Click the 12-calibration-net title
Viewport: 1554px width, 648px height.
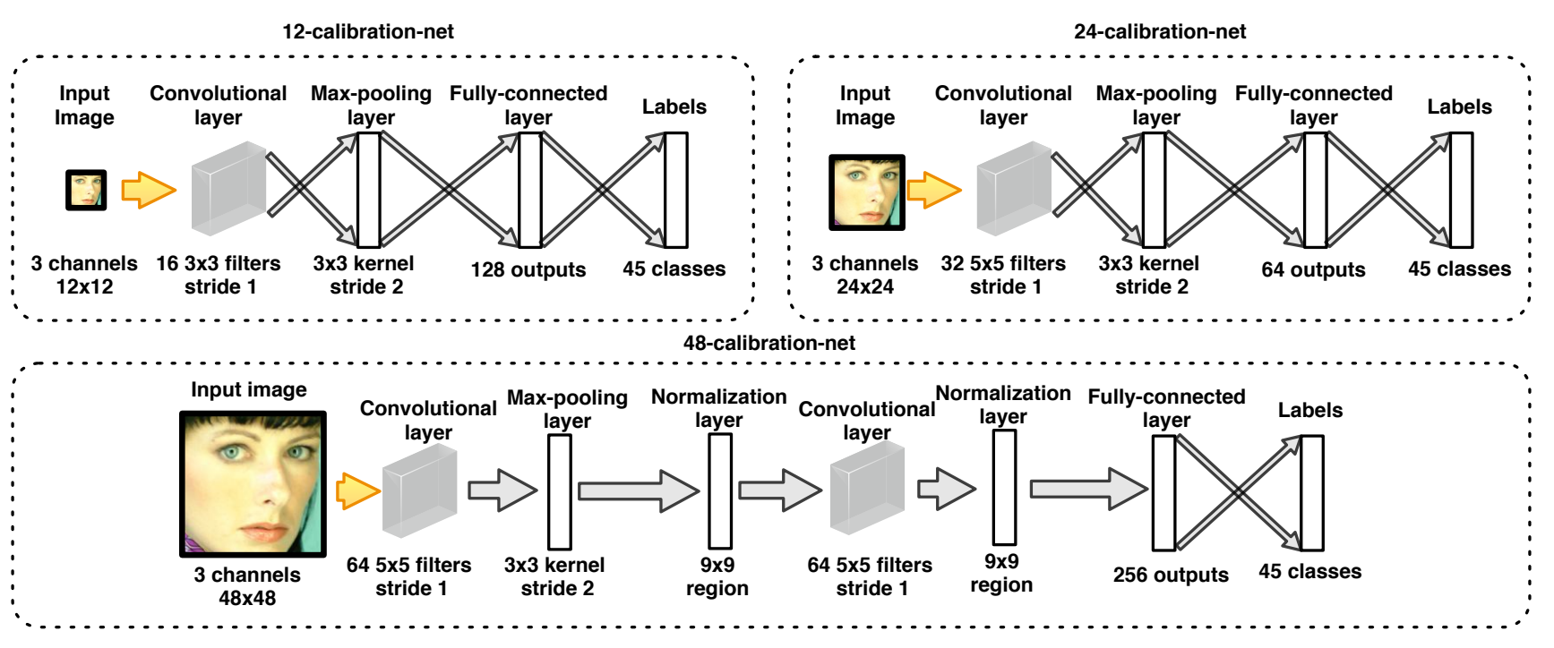click(x=368, y=31)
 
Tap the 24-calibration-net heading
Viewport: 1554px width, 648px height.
click(x=1160, y=31)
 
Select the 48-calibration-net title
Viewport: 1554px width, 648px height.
click(x=768, y=343)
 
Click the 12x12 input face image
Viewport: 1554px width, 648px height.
click(x=86, y=190)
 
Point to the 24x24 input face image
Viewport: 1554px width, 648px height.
click(x=866, y=192)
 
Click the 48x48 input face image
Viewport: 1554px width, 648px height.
click(x=253, y=483)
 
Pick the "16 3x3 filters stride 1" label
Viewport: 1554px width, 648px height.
click(x=219, y=275)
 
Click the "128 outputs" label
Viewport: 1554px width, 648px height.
click(x=528, y=269)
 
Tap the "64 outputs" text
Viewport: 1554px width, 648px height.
click(x=1313, y=269)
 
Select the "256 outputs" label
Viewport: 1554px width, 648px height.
click(x=1171, y=575)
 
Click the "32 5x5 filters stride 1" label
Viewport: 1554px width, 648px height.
click(x=1003, y=275)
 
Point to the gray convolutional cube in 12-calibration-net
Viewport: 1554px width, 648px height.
click(x=228, y=189)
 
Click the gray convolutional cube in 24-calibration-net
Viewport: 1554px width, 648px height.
click(x=1013, y=189)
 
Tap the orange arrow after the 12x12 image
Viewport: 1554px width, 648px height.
click(x=148, y=190)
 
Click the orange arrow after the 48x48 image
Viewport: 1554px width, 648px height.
click(x=358, y=490)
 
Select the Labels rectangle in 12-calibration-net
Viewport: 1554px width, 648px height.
click(x=676, y=190)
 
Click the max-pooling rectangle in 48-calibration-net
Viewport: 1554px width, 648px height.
click(x=560, y=491)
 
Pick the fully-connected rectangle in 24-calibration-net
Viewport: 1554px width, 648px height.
click(x=1315, y=190)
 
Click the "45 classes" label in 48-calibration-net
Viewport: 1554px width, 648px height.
click(x=1309, y=571)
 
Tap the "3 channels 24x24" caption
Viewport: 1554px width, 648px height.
click(x=865, y=275)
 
